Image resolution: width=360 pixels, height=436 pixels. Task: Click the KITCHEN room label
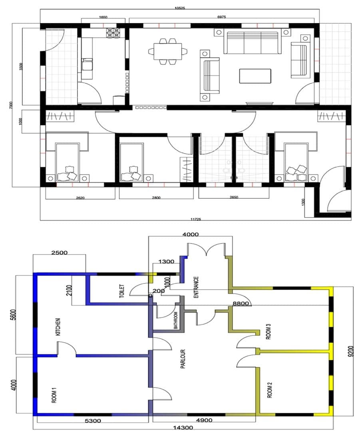click(x=58, y=327)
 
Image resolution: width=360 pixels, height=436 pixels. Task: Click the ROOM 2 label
click(x=270, y=390)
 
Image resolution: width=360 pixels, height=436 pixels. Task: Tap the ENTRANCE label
click(x=196, y=287)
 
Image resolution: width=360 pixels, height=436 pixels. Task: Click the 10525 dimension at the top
click(x=179, y=8)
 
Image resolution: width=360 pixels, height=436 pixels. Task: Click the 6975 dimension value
click(x=221, y=17)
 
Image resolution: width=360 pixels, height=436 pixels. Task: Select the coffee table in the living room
click(x=255, y=76)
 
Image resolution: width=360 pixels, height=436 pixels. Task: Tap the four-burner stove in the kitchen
click(x=112, y=33)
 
